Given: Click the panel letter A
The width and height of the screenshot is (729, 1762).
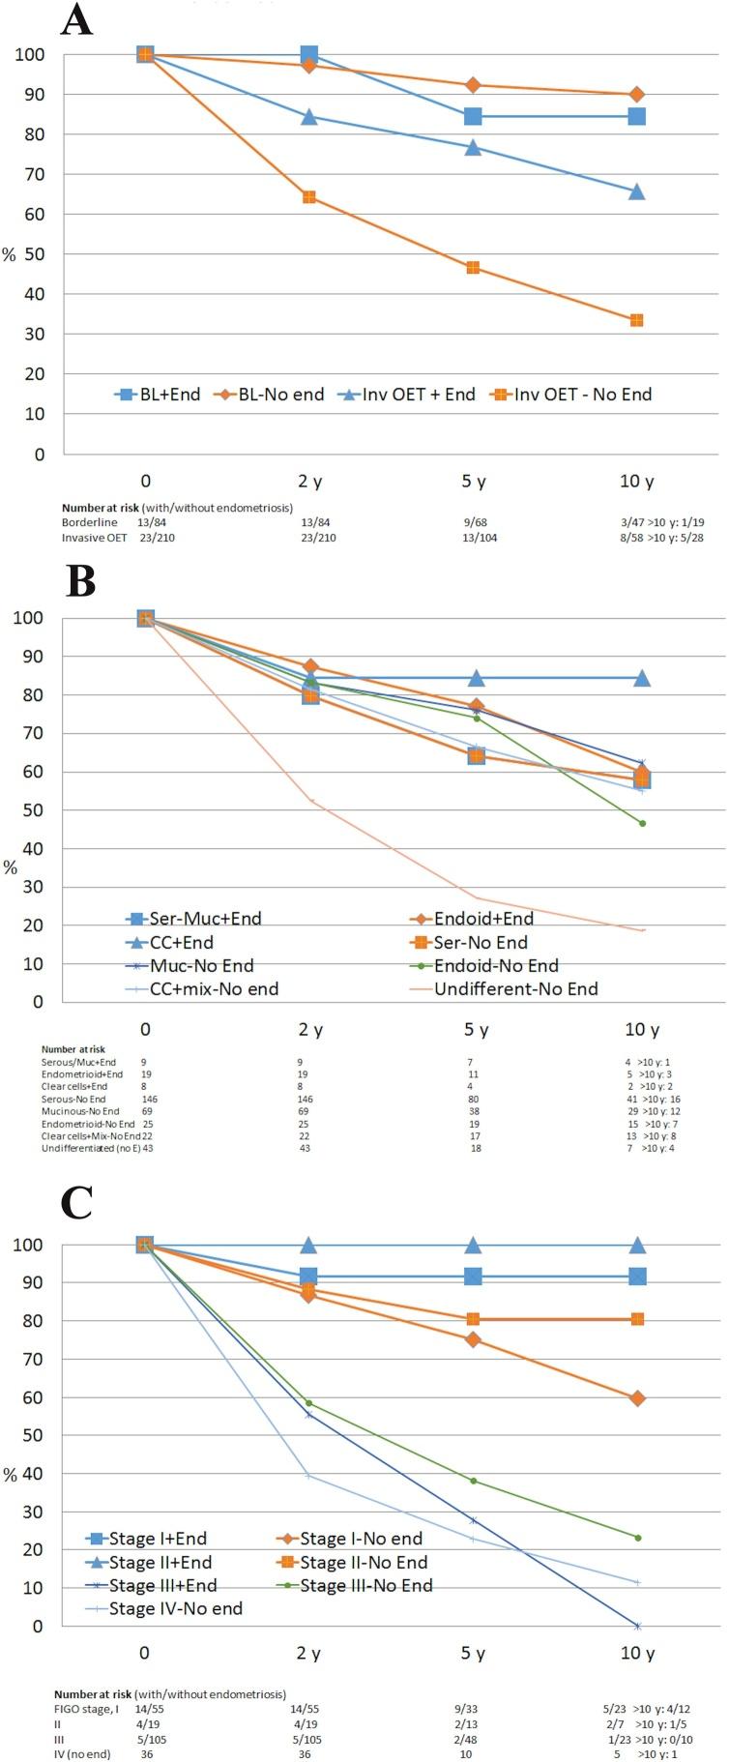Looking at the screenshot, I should [x=76, y=19].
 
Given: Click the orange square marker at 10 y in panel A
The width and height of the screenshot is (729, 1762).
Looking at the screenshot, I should [x=637, y=320].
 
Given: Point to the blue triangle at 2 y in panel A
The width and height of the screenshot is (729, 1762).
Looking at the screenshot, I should [x=309, y=117].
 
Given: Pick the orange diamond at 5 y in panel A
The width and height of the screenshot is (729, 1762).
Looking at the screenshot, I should [x=473, y=85].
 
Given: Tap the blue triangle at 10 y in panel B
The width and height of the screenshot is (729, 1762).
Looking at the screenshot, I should [x=642, y=678].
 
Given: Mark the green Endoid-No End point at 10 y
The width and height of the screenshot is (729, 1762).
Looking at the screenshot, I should [x=642, y=823].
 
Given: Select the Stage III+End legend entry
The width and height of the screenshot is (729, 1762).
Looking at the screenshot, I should [x=162, y=1585].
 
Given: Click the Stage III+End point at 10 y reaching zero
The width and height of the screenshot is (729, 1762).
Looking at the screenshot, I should [x=637, y=1626].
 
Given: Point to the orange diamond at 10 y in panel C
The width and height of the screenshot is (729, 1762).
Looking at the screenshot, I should [x=637, y=1397].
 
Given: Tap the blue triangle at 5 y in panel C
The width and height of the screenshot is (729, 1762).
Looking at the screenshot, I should [x=473, y=1245].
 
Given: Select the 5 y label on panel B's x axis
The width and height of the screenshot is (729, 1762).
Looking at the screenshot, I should [x=476, y=1029].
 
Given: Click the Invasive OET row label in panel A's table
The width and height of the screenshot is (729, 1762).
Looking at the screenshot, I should [x=89, y=538].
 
